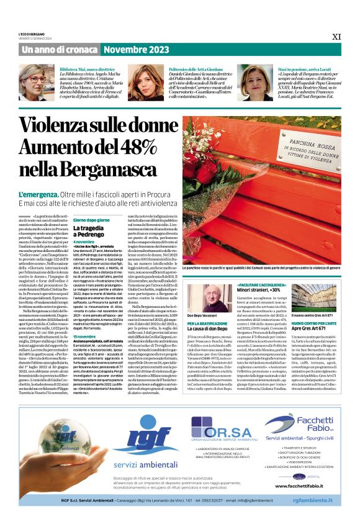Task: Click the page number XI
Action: pyautogui.click(x=336, y=37)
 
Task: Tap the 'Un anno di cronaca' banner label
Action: pyautogui.click(x=54, y=48)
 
